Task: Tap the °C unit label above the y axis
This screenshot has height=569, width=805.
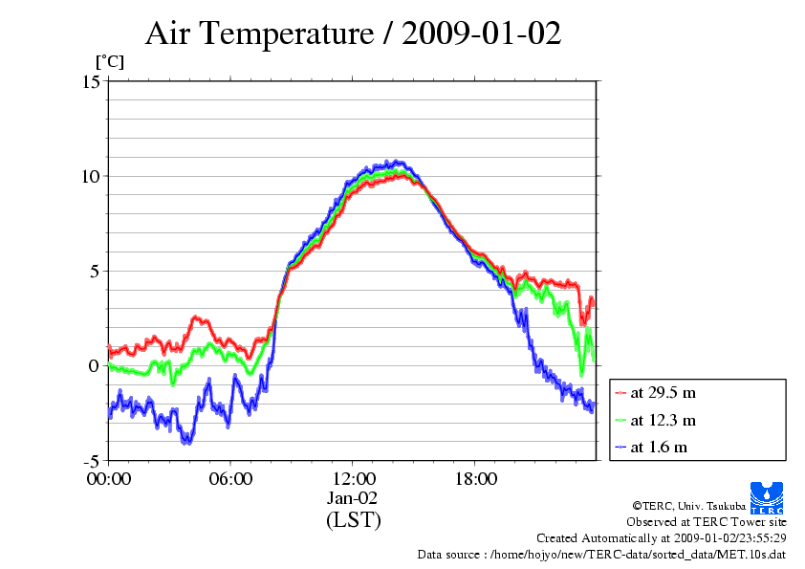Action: [x=108, y=62]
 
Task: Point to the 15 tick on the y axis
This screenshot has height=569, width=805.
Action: [x=91, y=81]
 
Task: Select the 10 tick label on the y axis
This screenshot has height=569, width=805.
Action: [x=91, y=176]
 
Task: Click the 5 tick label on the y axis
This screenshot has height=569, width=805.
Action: [x=95, y=271]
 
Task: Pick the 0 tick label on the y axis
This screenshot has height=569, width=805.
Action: [x=95, y=365]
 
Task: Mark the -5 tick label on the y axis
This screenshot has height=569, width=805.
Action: [x=91, y=460]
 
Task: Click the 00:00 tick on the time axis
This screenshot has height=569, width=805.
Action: [x=109, y=478]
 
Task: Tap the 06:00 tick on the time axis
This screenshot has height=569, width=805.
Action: [x=231, y=478]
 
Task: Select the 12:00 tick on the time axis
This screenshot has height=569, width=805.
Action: [x=353, y=478]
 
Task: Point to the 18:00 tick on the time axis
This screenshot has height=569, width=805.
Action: [x=475, y=478]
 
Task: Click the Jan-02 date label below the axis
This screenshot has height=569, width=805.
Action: [x=353, y=498]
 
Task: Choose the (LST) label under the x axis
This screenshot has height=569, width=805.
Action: [x=353, y=520]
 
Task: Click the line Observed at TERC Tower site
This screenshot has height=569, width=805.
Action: [x=707, y=522]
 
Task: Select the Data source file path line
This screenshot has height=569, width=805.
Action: [x=601, y=555]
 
